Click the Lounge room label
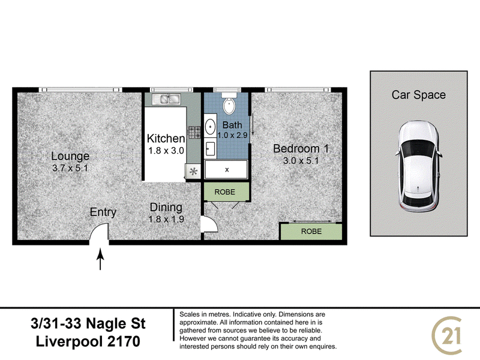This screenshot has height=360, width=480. [70, 156]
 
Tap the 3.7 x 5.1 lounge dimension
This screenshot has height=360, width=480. [70, 168]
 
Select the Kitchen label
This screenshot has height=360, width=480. [166, 139]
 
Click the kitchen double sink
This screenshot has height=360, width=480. [166, 99]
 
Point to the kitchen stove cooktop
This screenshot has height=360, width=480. [194, 132]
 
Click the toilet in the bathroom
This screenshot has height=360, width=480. [229, 103]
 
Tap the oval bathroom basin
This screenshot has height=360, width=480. [210, 127]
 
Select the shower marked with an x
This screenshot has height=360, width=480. [226, 169]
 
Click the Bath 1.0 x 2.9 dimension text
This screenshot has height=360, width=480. [232, 135]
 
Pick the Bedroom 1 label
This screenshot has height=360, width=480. [301, 149]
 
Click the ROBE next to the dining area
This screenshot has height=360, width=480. [224, 192]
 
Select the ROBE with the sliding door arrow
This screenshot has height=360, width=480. [311, 232]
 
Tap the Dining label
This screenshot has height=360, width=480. [166, 207]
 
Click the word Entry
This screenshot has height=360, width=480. [103, 212]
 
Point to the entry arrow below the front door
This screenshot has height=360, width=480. [100, 259]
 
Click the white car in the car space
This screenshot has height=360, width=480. [418, 166]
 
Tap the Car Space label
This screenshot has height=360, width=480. [418, 95]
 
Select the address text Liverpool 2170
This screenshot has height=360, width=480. [88, 341]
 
